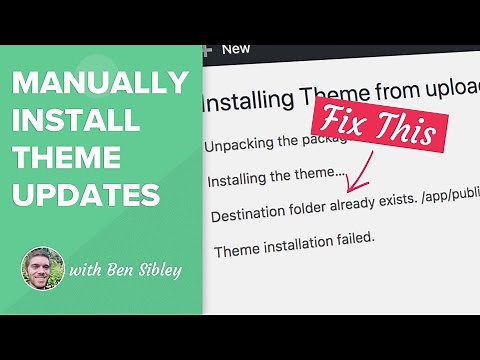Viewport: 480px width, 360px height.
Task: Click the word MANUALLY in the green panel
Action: click(100, 84)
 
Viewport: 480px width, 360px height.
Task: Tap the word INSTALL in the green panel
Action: click(74, 120)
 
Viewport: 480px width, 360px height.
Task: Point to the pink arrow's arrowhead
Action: click(351, 188)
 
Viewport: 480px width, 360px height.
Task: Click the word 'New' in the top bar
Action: click(236, 48)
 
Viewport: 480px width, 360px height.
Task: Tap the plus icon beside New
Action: click(207, 48)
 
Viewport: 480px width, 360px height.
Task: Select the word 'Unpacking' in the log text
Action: click(240, 145)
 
